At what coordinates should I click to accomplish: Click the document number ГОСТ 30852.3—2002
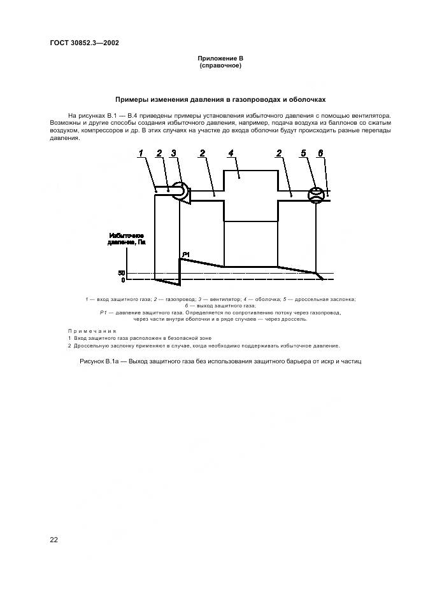tap(84, 43)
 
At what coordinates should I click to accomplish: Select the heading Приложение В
tap(220, 59)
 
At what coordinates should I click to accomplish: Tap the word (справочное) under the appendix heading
tap(220, 66)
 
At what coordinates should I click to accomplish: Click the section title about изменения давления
tap(220, 100)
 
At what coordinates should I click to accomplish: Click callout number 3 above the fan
tap(173, 153)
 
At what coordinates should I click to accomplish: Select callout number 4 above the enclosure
tap(231, 153)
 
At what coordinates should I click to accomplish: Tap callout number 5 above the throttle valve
tap(304, 153)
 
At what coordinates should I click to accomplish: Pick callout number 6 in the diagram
tap(321, 153)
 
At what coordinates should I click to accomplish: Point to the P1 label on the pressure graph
tap(186, 255)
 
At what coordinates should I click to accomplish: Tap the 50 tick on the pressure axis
tap(122, 273)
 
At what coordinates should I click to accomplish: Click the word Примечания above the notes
tap(92, 331)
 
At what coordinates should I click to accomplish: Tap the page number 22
tap(54, 540)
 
